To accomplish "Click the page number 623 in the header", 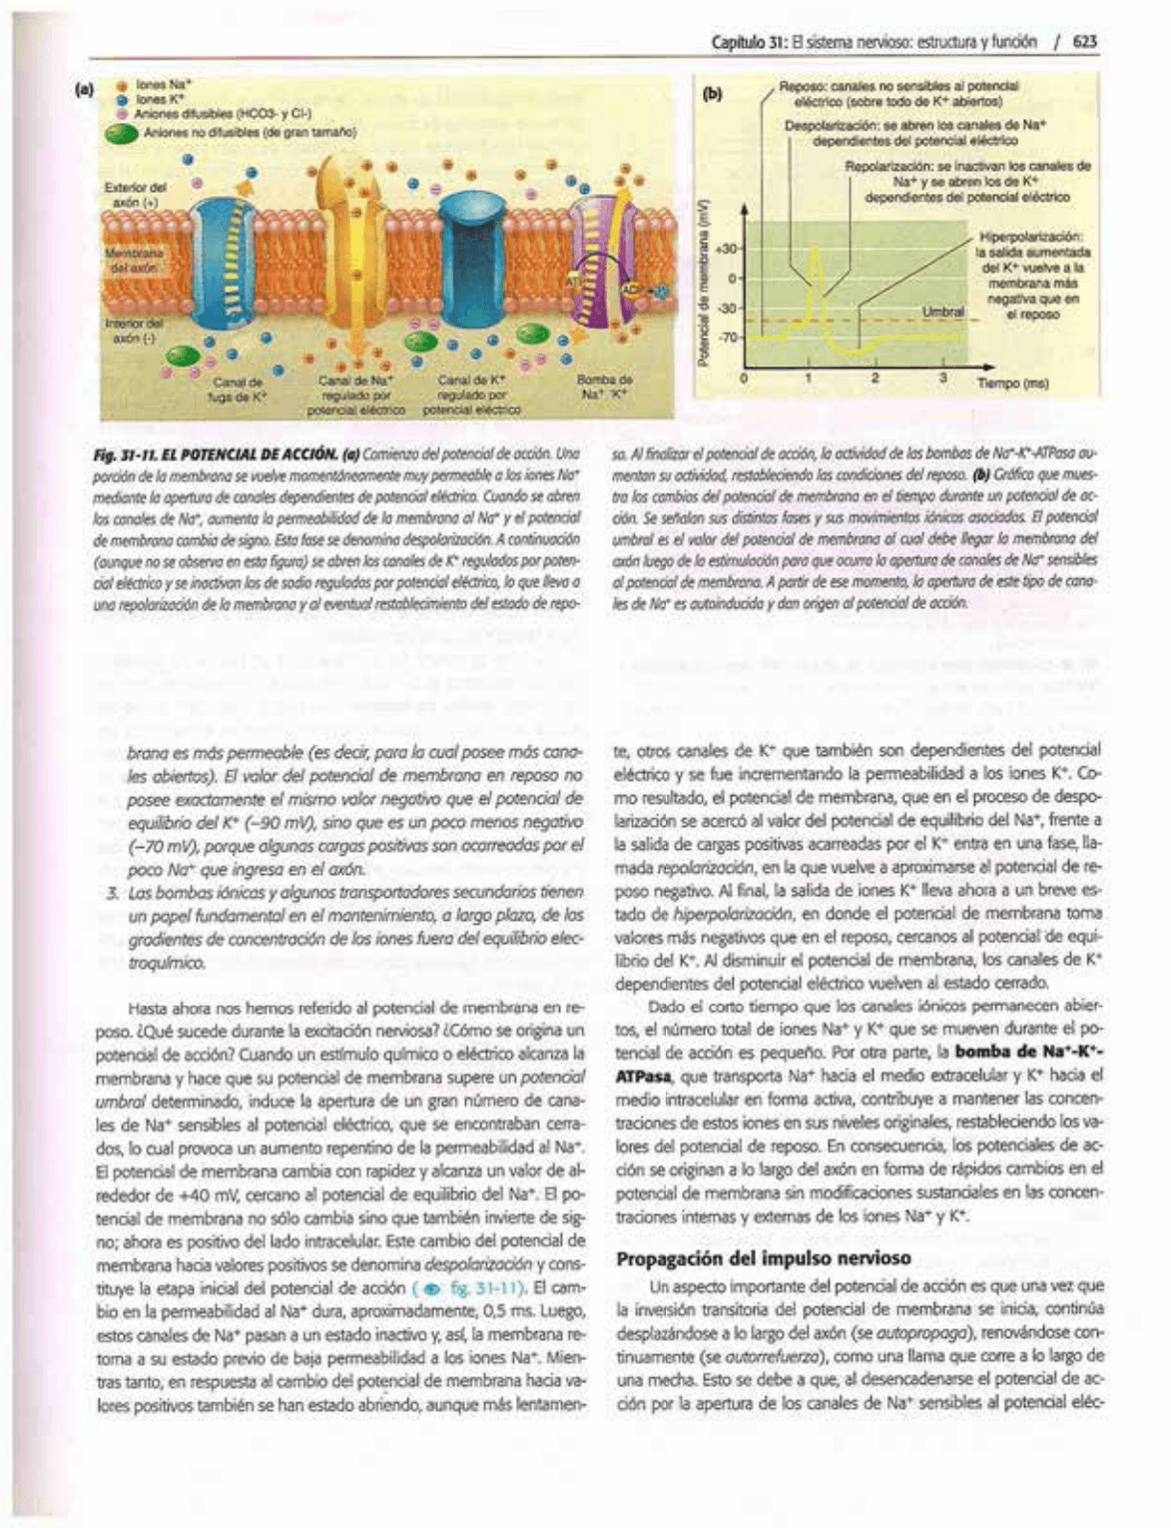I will point(1085,42).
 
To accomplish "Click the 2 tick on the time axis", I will point(875,378).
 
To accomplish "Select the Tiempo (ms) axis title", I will point(1011,382).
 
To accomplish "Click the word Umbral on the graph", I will point(942,312).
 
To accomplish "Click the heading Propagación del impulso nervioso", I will point(764,1257).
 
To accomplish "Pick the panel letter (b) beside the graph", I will point(712,95).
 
